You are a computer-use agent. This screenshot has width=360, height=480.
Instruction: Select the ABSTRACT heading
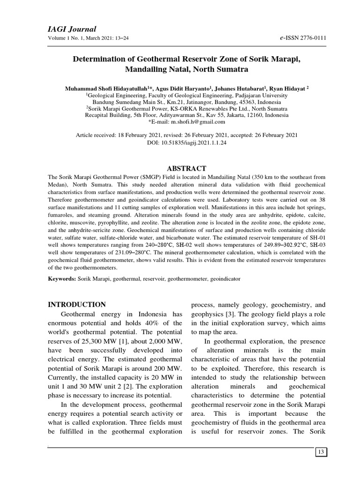(x=187, y=168)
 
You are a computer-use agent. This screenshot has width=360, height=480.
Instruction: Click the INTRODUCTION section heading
(x=77, y=304)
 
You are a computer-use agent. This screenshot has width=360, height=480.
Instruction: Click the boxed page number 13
(x=321, y=452)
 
